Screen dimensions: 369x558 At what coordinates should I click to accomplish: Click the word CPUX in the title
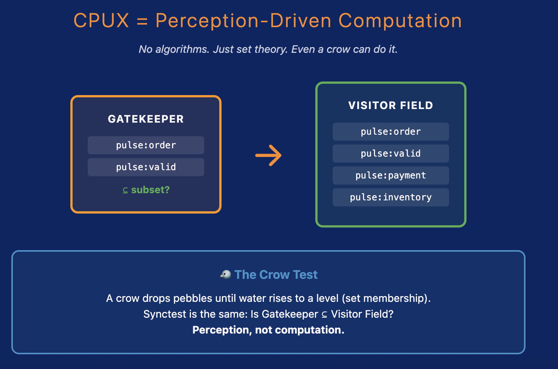[x=101, y=21]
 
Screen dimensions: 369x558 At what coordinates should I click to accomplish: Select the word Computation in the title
[x=400, y=21]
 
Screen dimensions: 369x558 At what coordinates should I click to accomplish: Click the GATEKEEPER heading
[x=146, y=119]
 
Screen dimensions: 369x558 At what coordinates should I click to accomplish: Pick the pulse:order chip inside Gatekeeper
[x=146, y=145]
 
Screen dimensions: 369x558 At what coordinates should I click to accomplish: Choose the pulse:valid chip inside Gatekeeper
[x=146, y=167]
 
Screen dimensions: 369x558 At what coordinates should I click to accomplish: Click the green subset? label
[x=150, y=190]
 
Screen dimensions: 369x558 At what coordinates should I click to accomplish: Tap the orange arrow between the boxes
[x=268, y=155]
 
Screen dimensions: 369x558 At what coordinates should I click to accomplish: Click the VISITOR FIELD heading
[x=391, y=106]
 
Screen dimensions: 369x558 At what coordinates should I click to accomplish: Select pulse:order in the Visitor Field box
[x=391, y=132]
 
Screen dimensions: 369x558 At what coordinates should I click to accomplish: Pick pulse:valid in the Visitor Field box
[x=391, y=154]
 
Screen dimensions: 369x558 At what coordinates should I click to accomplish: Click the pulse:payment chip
[x=391, y=175]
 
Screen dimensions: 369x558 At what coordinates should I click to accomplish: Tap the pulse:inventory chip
[x=391, y=197]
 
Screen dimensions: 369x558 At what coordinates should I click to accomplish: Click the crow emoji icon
[x=226, y=274]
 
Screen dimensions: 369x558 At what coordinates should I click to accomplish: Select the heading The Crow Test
[x=276, y=275]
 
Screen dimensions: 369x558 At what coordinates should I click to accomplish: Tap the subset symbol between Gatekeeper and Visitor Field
[x=324, y=315]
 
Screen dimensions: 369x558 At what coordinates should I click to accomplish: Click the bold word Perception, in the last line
[x=222, y=330]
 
